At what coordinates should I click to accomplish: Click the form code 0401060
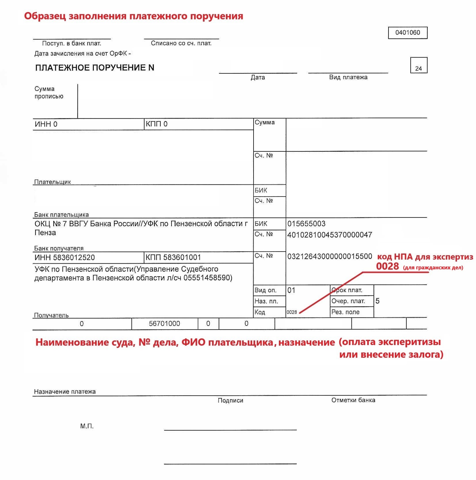click(x=407, y=33)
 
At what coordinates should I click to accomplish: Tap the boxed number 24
click(x=418, y=68)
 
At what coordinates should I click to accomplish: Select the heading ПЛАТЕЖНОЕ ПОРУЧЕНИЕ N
click(x=95, y=68)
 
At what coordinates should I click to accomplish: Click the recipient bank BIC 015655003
click(x=306, y=224)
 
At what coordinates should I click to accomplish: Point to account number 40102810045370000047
click(x=330, y=235)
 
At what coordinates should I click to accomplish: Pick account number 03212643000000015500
click(x=330, y=256)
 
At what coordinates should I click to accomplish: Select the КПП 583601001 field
click(x=173, y=257)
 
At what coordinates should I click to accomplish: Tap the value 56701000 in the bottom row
click(x=164, y=323)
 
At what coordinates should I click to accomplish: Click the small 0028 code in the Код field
click(x=292, y=312)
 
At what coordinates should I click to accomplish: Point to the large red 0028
click(x=387, y=266)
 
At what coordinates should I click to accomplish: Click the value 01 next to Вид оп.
click(x=291, y=290)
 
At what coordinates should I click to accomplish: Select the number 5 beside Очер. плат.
click(x=377, y=301)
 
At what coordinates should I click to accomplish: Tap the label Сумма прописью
click(x=49, y=92)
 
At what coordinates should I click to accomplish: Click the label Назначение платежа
click(x=65, y=391)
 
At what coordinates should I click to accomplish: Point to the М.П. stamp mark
click(x=87, y=426)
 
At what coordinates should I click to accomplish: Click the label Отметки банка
click(x=353, y=400)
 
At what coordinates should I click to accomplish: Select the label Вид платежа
click(x=348, y=77)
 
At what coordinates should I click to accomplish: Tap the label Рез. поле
click(x=345, y=312)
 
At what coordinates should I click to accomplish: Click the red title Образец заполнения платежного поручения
click(x=134, y=16)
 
